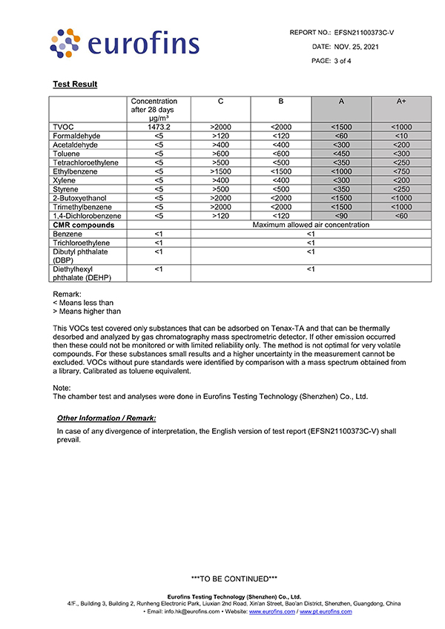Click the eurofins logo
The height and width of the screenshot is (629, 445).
pos(124,44)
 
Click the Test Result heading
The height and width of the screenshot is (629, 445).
pos(75,85)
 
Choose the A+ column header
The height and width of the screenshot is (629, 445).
pos(401,101)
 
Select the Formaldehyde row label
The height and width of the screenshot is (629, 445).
pos(76,136)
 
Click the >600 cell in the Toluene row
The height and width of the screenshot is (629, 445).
pos(220,154)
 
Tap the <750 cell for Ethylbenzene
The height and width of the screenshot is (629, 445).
pos(401,171)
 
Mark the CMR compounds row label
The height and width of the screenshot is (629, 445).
pos(84,225)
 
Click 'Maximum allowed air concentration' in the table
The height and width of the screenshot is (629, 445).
pos(311,225)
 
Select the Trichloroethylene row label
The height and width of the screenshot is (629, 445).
pos(82,243)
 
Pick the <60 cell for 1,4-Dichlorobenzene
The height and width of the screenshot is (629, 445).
pos(401,216)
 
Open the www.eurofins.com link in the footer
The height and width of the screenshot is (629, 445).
pos(272,612)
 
